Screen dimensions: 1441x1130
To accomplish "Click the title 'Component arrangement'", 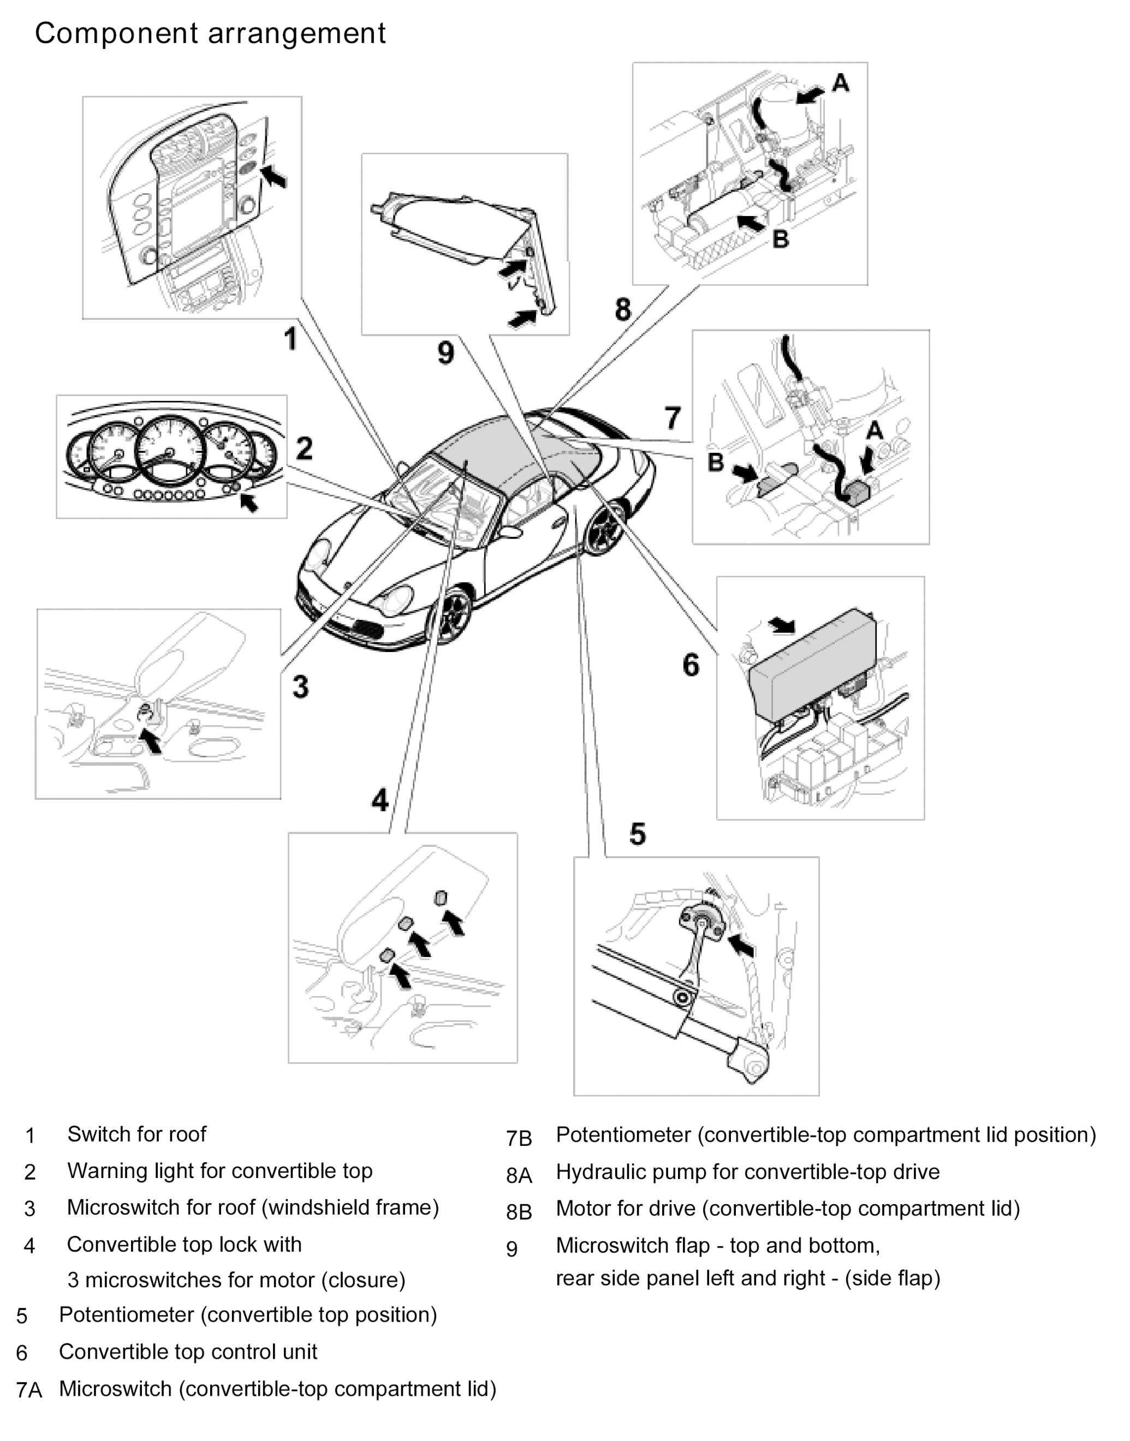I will [x=210, y=34].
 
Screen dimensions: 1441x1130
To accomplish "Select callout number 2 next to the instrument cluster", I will [x=304, y=449].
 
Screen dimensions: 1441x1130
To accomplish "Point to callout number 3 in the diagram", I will [x=300, y=686].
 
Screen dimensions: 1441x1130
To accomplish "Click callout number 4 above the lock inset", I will [x=380, y=800].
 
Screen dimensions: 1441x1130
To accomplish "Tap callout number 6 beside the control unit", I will [x=691, y=665].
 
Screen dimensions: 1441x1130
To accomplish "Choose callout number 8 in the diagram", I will [x=622, y=309].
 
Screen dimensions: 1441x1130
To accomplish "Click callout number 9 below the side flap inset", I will [x=446, y=352].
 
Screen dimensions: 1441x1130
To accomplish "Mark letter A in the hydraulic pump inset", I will [x=840, y=83].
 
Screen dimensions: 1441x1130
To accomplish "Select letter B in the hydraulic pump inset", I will [x=781, y=239].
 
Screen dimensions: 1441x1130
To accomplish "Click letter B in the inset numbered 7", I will [x=715, y=462].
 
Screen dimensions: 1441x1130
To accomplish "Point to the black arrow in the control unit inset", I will [x=782, y=624].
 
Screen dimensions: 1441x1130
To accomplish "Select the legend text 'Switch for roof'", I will [x=136, y=1134].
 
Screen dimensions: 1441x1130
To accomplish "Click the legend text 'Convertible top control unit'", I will [x=188, y=1352].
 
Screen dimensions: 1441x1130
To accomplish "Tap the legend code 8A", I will [x=519, y=1175].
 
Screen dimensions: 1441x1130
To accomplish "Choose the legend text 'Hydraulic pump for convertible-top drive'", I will [x=747, y=1172].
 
